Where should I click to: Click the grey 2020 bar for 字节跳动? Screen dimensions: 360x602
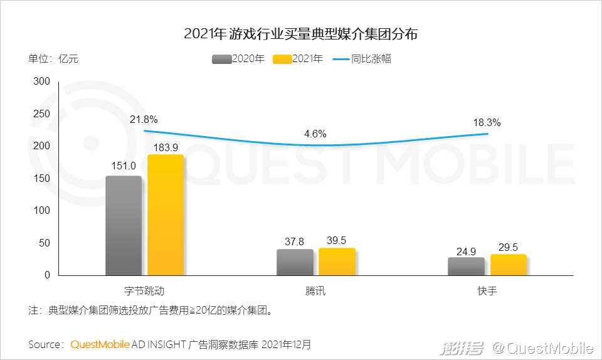124,226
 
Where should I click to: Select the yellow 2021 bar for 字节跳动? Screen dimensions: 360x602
166,215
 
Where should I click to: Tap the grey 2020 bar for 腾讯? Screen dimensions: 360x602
295,262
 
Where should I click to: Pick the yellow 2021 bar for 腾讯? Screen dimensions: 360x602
337,262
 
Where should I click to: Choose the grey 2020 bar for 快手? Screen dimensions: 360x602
466,266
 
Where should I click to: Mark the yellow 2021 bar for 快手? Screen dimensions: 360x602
508,265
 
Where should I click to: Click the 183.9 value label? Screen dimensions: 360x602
166,147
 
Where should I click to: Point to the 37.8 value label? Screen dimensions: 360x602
295,241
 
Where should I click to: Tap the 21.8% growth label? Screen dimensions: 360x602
144,119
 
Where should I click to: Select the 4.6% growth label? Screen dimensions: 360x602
315,134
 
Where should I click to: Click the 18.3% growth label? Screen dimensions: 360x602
487,122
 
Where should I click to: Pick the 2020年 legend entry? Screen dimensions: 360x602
239,60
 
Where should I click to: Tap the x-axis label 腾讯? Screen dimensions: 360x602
315,291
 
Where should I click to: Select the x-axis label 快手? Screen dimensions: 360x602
487,291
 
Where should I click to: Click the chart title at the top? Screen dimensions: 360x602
301,34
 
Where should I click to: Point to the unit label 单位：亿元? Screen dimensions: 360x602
53,60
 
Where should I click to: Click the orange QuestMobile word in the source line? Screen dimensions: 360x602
100,344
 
